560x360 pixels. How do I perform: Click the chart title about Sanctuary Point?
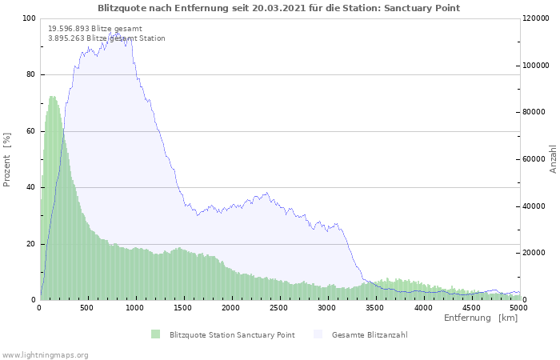tap(279, 8)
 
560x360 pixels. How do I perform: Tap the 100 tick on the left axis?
tap(29, 18)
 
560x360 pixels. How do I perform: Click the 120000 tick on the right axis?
tap(536, 18)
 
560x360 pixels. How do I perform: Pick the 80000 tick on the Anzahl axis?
tap(534, 113)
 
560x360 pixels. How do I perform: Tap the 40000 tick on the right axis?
tap(534, 206)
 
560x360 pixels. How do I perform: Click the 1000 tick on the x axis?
tap(135, 307)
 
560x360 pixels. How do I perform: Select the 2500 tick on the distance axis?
tap(279, 307)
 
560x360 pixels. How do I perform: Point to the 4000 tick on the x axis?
tap(422, 307)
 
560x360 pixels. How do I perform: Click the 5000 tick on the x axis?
tap(518, 307)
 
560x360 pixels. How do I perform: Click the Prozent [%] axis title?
tap(8, 159)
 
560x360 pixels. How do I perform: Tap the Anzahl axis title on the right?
tap(553, 159)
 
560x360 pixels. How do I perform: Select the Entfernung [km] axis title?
tap(481, 318)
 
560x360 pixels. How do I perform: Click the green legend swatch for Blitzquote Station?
tap(155, 334)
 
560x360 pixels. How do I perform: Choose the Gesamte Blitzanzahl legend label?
tap(370, 334)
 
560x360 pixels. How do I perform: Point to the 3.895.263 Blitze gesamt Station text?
tap(106, 38)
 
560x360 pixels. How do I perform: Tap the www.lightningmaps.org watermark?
tap(45, 354)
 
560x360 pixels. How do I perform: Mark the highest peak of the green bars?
tap(53, 97)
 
